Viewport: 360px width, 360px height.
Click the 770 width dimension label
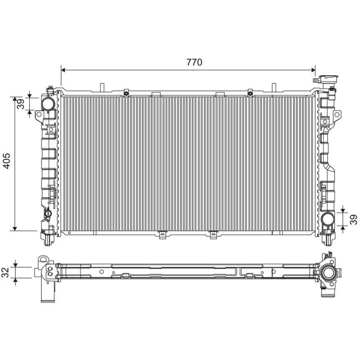[x=194, y=62]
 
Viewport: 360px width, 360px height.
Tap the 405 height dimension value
[x=7, y=161]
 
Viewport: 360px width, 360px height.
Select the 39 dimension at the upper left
[x=21, y=104]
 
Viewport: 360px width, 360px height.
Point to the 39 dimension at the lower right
[x=354, y=219]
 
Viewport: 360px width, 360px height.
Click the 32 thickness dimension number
[x=5, y=272]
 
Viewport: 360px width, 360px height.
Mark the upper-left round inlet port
[x=48, y=104]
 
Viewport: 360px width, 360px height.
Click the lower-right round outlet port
[x=328, y=219]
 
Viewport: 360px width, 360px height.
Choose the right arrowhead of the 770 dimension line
[x=313, y=70]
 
